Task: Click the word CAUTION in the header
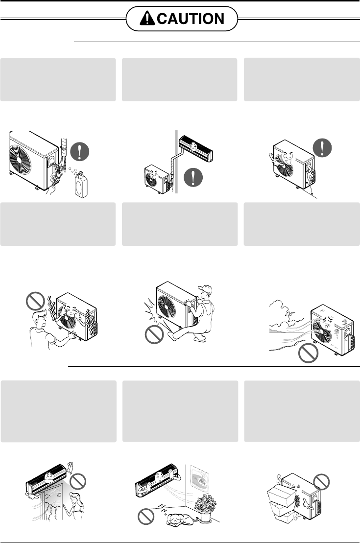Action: tap(191, 19)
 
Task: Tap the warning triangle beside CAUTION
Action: tap(147, 18)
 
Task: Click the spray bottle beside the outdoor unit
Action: tap(81, 185)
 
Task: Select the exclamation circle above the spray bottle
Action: tap(80, 152)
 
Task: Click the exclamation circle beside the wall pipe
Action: tap(193, 177)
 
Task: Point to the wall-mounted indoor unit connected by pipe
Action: tap(196, 148)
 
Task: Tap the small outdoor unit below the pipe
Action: tap(158, 179)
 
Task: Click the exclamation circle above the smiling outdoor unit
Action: tap(322, 148)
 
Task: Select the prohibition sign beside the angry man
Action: tap(35, 301)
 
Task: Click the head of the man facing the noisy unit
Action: tap(39, 319)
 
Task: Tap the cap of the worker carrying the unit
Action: tap(205, 289)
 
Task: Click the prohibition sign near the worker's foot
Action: tap(154, 334)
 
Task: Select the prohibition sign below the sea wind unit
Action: tap(309, 353)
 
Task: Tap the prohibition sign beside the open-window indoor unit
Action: tap(77, 481)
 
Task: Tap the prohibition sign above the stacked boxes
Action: tap(321, 481)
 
